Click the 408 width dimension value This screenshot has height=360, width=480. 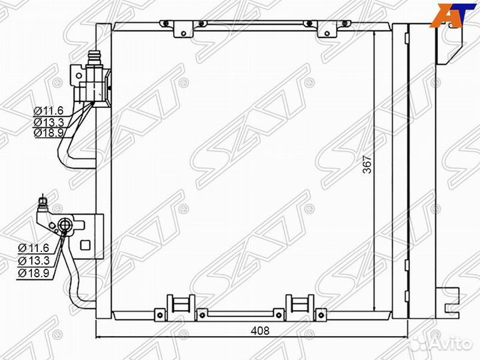click(x=260, y=330)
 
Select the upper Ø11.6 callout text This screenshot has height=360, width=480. click(x=49, y=111)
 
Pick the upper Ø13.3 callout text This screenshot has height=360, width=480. click(x=49, y=122)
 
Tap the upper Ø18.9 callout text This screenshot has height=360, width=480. click(x=49, y=133)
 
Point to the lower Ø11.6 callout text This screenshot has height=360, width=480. click(x=33, y=247)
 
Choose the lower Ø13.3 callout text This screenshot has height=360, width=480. click(x=33, y=261)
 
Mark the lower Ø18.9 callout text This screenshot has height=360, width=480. click(x=33, y=273)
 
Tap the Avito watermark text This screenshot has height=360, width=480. click(x=456, y=344)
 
